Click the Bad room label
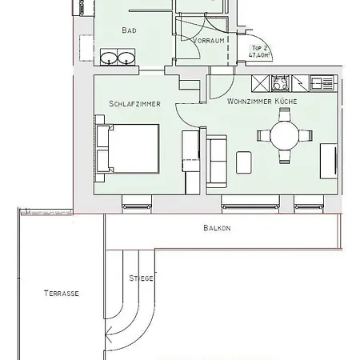[129, 30]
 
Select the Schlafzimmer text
[135, 104]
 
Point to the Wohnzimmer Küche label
[261, 102]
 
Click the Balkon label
[217, 228]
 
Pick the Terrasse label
[61, 294]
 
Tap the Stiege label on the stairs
[141, 278]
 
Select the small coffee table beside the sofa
[244, 162]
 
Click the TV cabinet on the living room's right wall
[329, 160]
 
